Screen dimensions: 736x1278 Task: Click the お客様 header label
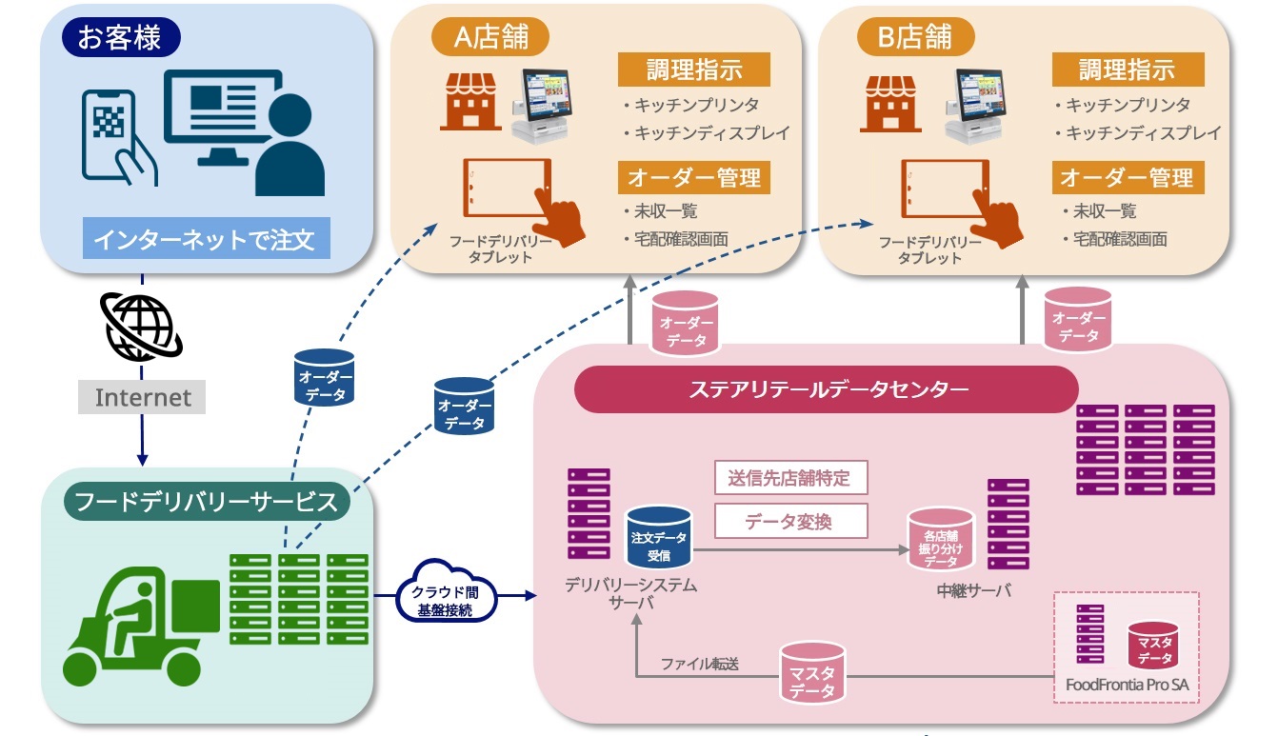[x=121, y=40]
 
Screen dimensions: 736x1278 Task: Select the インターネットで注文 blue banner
[x=207, y=237]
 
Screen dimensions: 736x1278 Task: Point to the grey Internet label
[x=142, y=397]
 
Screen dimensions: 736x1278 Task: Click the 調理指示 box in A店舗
[x=693, y=70]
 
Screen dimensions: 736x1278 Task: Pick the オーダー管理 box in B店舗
[x=1128, y=178]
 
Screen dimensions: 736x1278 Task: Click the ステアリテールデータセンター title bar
[x=826, y=389]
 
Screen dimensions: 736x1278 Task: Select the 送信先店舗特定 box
[x=790, y=478]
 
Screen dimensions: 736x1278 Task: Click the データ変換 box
[x=790, y=521]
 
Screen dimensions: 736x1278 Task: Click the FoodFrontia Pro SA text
[x=1127, y=684]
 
